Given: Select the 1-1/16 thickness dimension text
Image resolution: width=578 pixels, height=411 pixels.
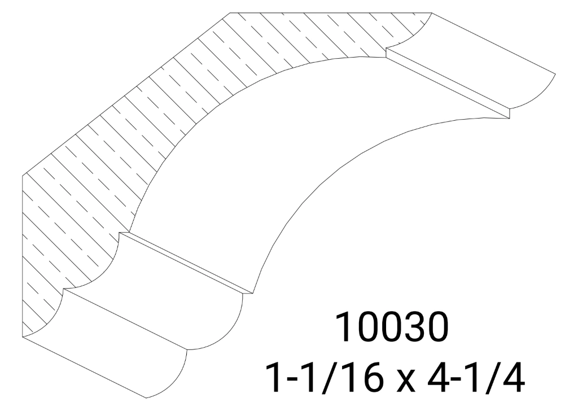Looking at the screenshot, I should tap(326, 377).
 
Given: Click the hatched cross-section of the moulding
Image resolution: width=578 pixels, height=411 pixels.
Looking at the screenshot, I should tap(169, 113).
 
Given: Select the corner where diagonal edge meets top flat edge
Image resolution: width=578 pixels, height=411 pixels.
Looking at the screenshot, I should tap(231, 12).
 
